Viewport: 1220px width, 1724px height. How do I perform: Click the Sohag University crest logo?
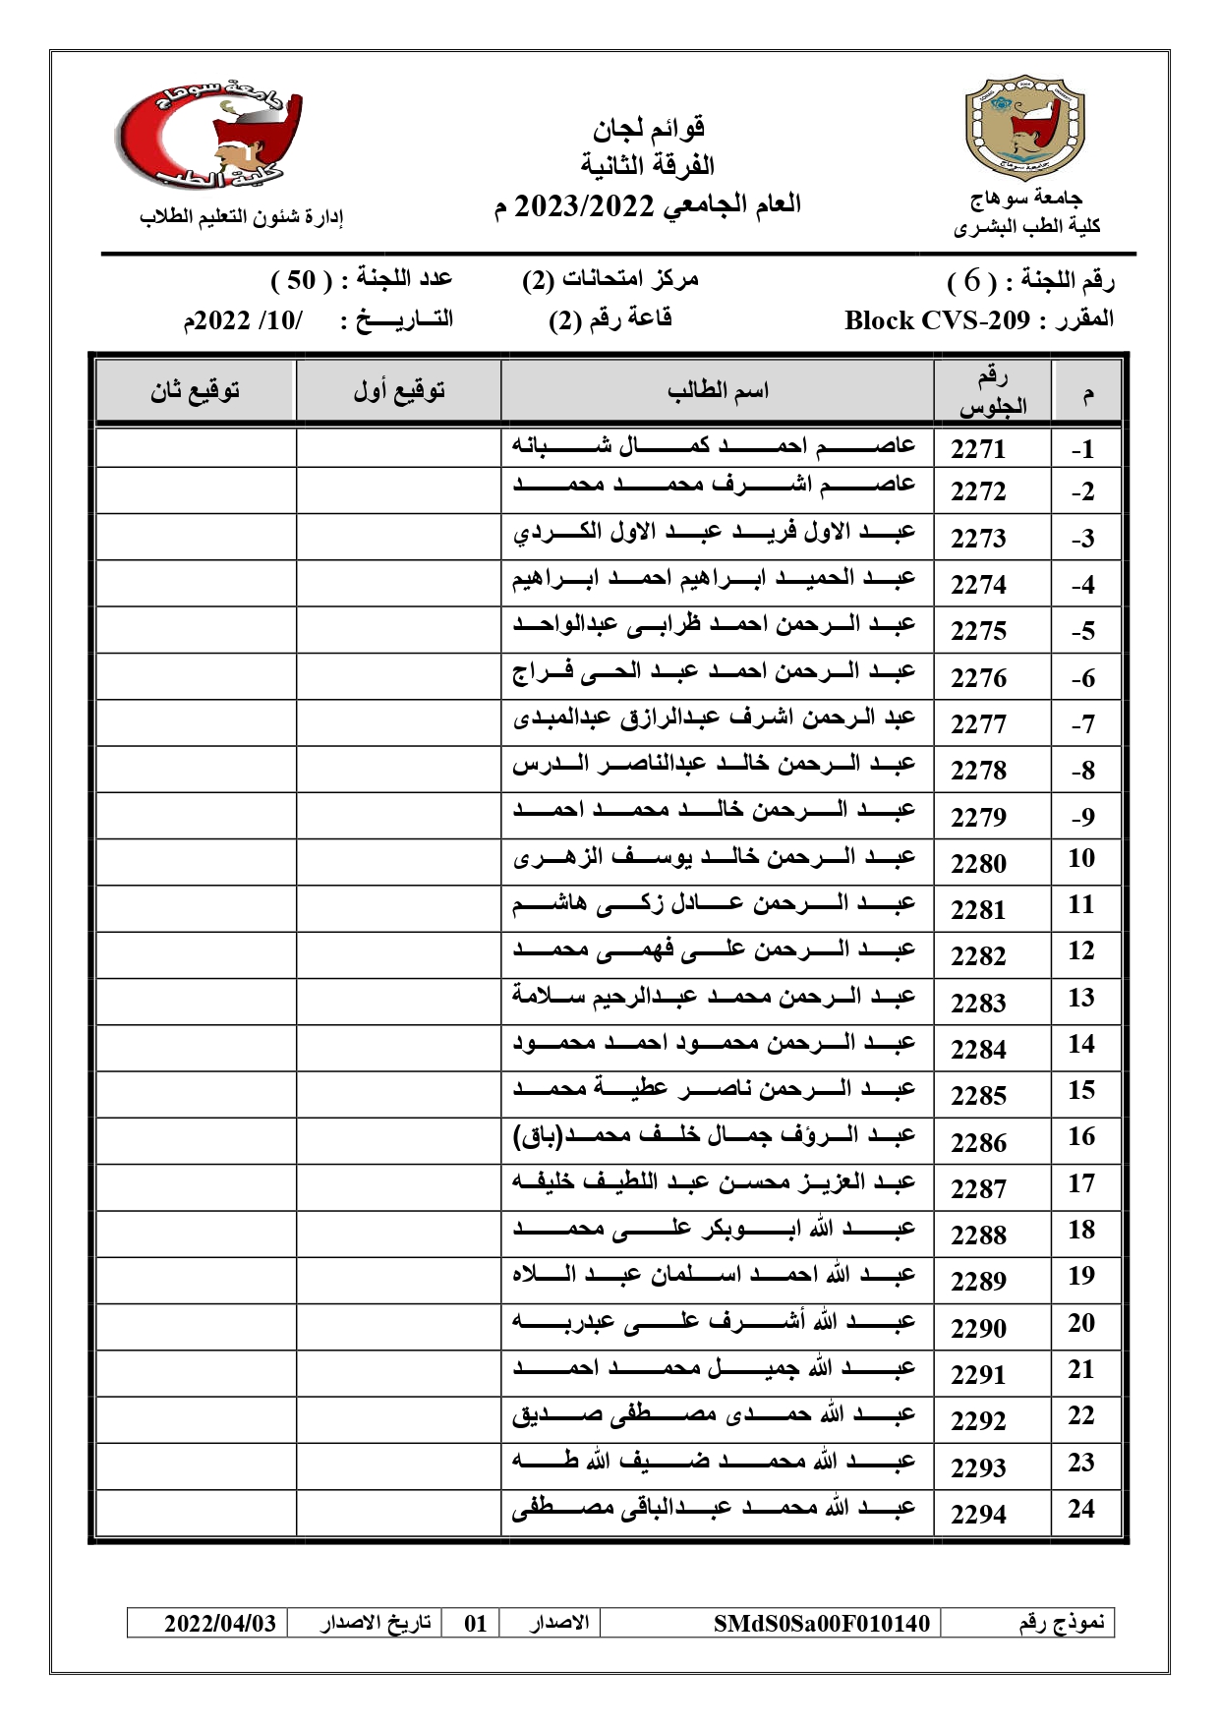[1025, 127]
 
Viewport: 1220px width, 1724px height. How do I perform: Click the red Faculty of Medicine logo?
[209, 133]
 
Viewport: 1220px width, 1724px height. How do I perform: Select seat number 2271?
[978, 449]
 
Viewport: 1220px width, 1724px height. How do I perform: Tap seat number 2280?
[978, 863]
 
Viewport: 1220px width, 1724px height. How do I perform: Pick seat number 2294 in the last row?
[978, 1514]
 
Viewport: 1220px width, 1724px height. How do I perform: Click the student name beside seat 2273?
[715, 534]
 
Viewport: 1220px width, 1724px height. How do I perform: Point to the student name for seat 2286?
[715, 1137]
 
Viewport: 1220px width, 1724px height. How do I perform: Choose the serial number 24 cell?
[1081, 1509]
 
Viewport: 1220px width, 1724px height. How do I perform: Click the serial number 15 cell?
[1081, 1090]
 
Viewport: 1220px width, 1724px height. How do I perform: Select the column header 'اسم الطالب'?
[718, 391]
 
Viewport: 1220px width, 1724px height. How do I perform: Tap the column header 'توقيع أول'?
[399, 391]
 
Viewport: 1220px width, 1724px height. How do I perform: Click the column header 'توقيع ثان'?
[195, 391]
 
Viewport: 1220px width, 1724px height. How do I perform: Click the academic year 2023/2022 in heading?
[585, 205]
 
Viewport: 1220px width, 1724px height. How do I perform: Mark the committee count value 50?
[300, 280]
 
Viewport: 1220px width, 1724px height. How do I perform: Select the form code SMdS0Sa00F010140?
[821, 1623]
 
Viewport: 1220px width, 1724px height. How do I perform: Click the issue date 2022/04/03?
[219, 1623]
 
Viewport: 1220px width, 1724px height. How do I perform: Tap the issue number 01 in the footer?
[476, 1623]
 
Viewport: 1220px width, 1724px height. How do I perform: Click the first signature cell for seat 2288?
[398, 1234]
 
